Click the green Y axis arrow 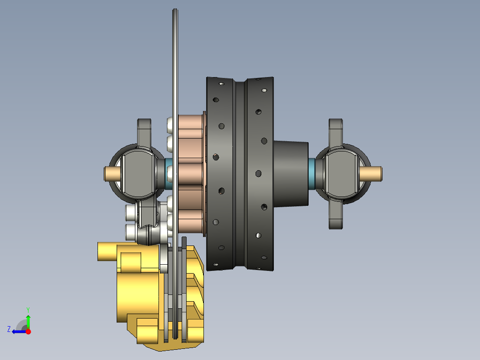(28, 320)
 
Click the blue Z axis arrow (17, 331)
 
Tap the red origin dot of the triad (28, 331)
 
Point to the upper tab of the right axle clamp (335, 131)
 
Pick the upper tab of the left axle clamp (144, 131)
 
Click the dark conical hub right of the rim (290, 173)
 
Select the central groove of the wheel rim (240, 174)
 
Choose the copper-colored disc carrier (191, 174)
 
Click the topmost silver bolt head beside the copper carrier (171, 125)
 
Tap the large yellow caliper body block (138, 294)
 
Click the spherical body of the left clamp (137, 174)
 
